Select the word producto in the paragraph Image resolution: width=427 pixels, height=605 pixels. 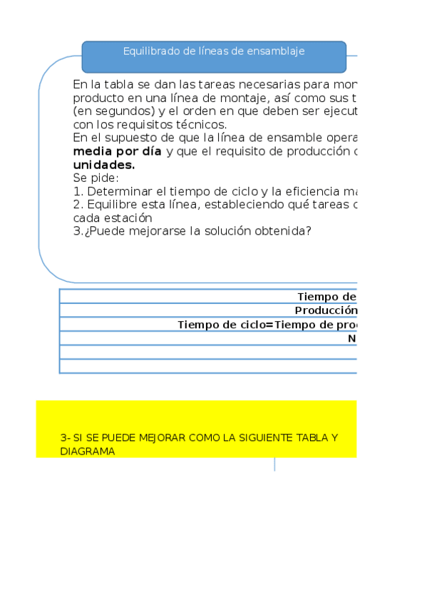coord(98,98)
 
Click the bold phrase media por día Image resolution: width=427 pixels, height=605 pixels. coord(118,151)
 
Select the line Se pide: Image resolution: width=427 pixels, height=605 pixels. coord(96,178)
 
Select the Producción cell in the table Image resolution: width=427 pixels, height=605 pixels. coord(325,310)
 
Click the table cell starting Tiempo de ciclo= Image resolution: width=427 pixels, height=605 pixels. coord(267,325)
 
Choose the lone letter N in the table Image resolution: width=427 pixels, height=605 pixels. coord(352,338)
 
